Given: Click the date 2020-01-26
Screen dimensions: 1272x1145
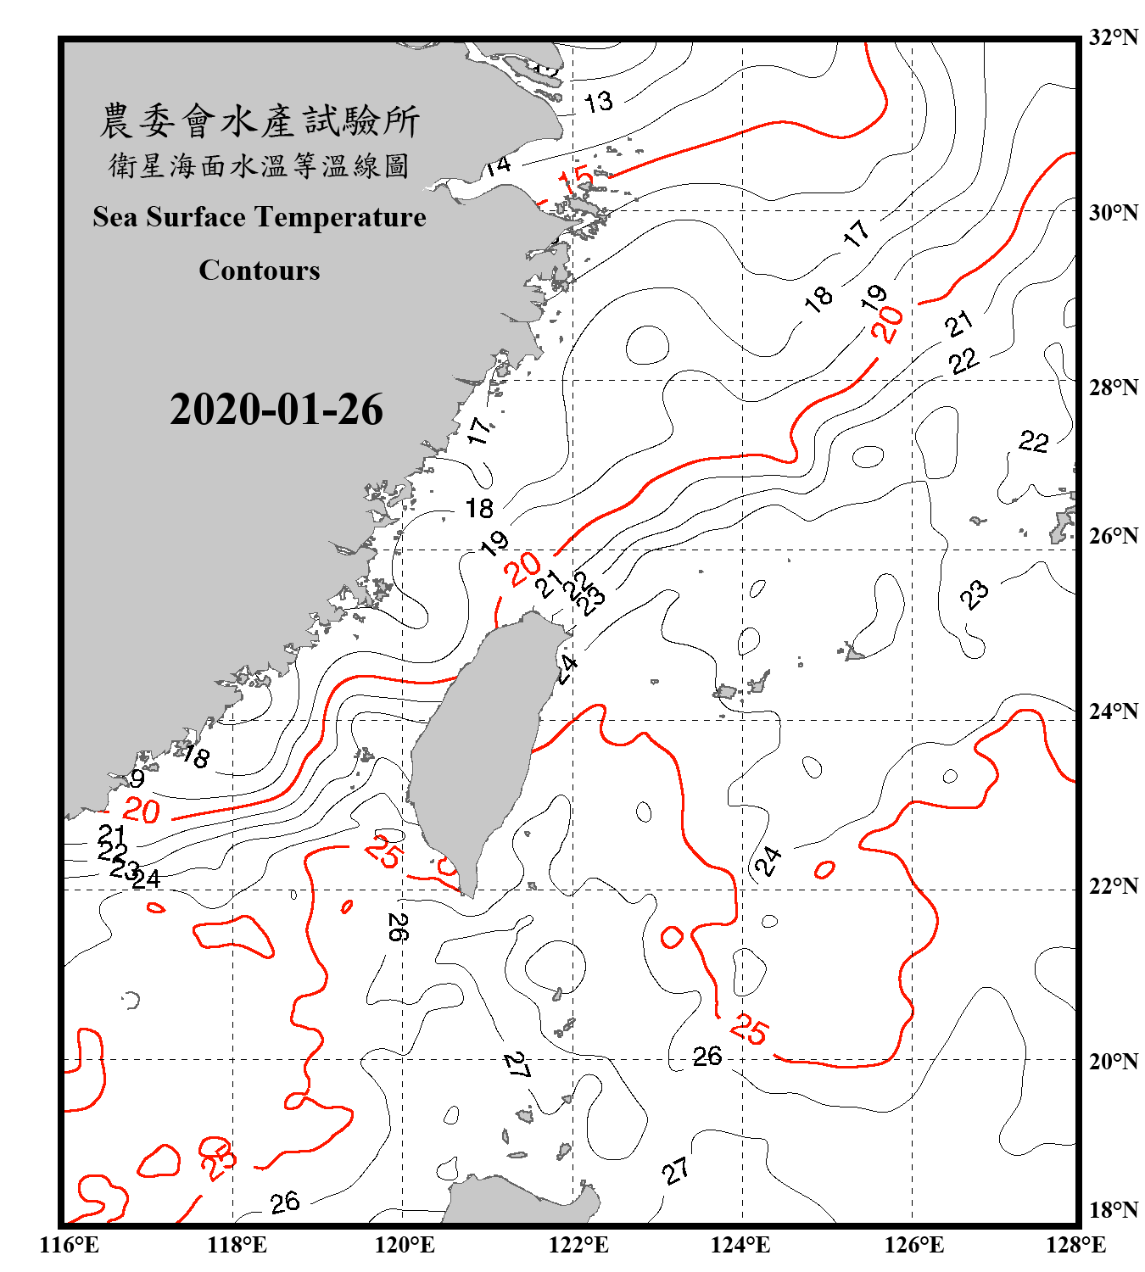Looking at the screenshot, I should [x=276, y=410].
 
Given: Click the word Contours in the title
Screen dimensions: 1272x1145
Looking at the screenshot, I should [x=260, y=270].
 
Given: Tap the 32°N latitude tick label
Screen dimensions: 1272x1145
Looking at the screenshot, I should [x=1114, y=37].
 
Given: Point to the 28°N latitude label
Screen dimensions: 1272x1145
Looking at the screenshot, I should [x=1114, y=388].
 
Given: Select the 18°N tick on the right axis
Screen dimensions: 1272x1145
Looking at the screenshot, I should [x=1114, y=1210].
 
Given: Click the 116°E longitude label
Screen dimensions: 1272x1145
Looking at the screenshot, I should [x=70, y=1245].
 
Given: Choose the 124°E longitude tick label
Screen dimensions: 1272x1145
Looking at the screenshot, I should [x=740, y=1245].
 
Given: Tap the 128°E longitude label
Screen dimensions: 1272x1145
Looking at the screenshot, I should [x=1075, y=1245].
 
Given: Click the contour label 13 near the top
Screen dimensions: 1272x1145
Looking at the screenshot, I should [x=598, y=103].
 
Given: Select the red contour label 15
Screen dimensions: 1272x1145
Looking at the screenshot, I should [x=576, y=180].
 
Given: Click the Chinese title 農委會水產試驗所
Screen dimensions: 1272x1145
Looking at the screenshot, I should [x=260, y=121].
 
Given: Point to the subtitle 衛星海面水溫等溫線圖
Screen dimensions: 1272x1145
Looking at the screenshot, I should [x=260, y=165].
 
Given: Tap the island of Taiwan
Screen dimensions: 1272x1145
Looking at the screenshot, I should [x=479, y=746].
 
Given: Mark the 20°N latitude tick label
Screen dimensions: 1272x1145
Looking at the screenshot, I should [x=1114, y=1061].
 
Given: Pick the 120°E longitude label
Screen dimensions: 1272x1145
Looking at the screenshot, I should [x=405, y=1245].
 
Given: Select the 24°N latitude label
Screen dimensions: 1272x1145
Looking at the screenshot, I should [x=1114, y=711].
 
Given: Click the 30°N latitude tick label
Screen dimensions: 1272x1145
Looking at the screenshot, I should [x=1114, y=213].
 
